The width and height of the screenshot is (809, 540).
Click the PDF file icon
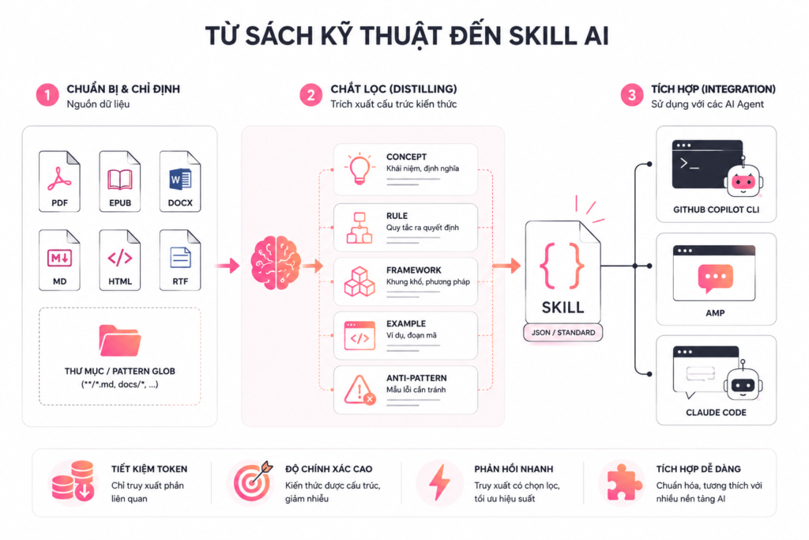(59, 181)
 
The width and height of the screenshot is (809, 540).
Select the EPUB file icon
(120, 181)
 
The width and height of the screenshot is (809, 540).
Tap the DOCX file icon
(180, 181)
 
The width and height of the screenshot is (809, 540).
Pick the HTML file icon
(120, 260)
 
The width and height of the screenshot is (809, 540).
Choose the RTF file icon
(180, 260)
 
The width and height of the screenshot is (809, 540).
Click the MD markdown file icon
(59, 260)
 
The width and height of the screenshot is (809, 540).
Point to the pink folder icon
(120, 340)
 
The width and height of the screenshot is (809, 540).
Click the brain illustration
(276, 262)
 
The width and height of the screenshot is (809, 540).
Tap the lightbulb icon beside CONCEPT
(359, 168)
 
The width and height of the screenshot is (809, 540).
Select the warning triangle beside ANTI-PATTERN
(359, 390)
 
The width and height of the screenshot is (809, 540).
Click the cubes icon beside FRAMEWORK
(359, 281)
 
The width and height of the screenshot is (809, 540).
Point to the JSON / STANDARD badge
(563, 333)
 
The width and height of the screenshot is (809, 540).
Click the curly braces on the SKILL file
(562, 266)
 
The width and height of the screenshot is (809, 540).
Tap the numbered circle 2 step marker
(311, 96)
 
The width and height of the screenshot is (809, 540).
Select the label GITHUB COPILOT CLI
(716, 210)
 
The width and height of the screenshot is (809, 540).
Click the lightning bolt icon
(439, 483)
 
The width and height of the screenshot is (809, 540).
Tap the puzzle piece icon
(623, 483)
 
